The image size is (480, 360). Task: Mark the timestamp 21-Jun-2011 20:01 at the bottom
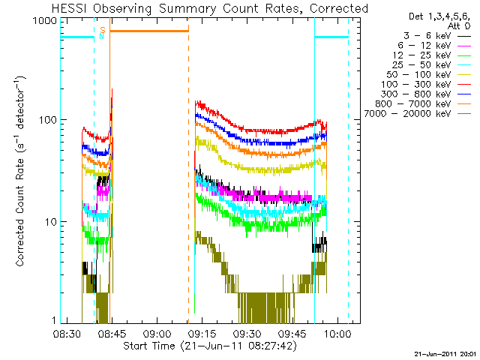[x=445, y=353]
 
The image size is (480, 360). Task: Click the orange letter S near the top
[x=102, y=30]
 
